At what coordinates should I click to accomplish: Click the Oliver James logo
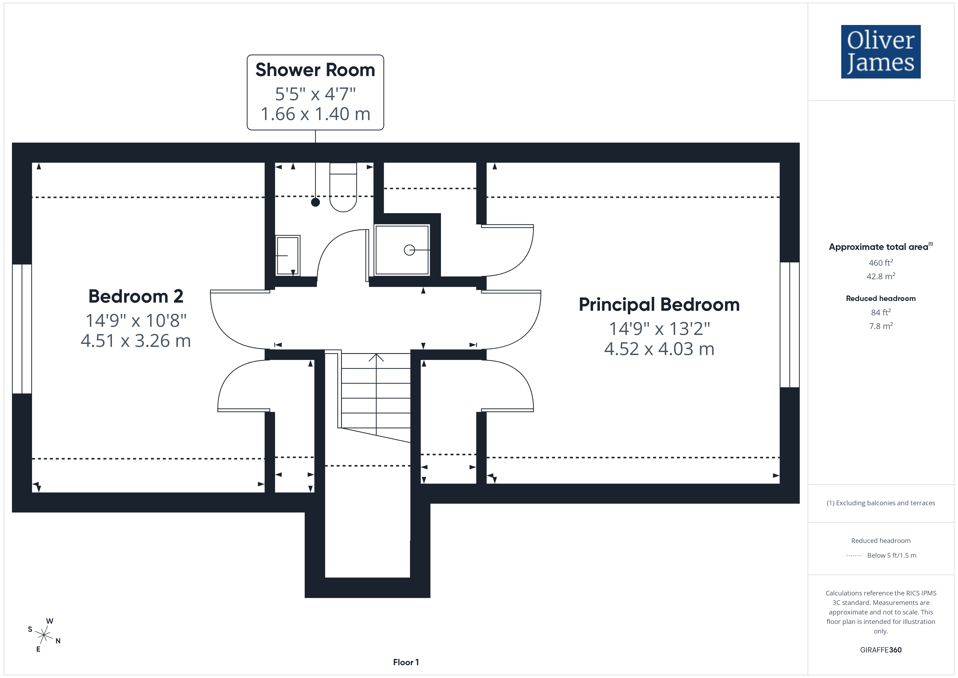880,52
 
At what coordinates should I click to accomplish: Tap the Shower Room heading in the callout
315,70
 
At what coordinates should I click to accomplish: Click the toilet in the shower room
343,187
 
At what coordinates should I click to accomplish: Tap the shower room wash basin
288,255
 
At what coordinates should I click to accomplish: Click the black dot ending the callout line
316,202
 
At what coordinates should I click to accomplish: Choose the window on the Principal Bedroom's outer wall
789,325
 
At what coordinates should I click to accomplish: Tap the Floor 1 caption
406,662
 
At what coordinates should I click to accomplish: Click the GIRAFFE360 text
881,649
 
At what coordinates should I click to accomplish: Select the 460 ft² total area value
881,263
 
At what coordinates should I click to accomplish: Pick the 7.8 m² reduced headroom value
881,326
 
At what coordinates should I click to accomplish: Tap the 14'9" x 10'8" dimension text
136,321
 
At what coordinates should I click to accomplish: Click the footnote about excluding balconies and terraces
881,503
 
